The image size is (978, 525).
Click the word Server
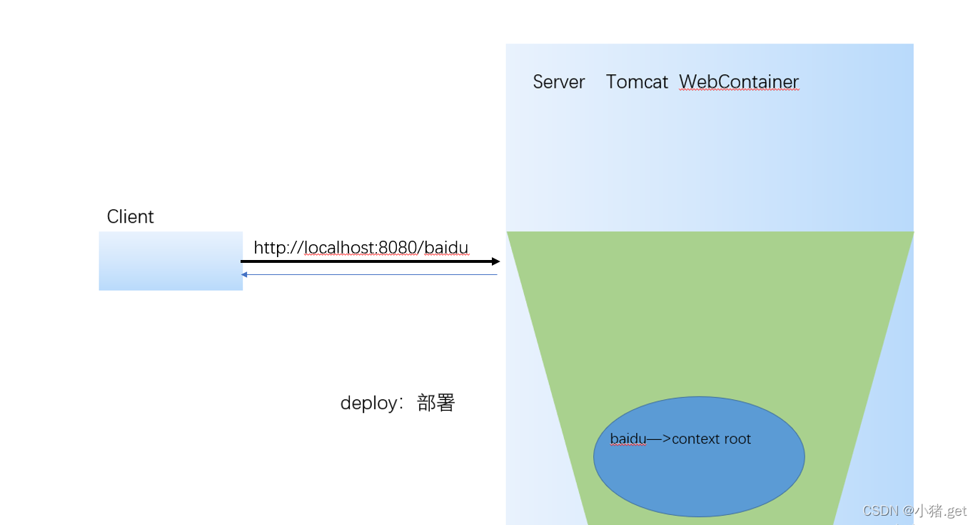pyautogui.click(x=558, y=82)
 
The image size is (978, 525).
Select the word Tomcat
pyautogui.click(x=637, y=82)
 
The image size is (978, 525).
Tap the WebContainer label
pyautogui.click(x=739, y=82)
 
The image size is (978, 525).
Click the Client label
pyautogui.click(x=130, y=217)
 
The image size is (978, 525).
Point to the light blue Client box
pyautogui.click(x=171, y=261)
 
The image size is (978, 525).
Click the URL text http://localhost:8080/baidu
pyautogui.click(x=361, y=248)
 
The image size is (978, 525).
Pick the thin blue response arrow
pyautogui.click(x=371, y=274)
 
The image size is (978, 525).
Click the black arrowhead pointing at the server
pyautogui.click(x=495, y=261)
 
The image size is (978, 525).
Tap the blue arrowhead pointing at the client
pyautogui.click(x=244, y=274)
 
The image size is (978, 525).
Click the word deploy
pyautogui.click(x=368, y=404)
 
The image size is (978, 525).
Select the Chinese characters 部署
pyautogui.click(x=436, y=404)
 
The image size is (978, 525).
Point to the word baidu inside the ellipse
pyautogui.click(x=627, y=439)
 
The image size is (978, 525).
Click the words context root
pyautogui.click(x=711, y=439)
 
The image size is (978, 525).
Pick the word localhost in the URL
pyautogui.click(x=340, y=248)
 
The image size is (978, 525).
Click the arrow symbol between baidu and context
pyautogui.click(x=658, y=439)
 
